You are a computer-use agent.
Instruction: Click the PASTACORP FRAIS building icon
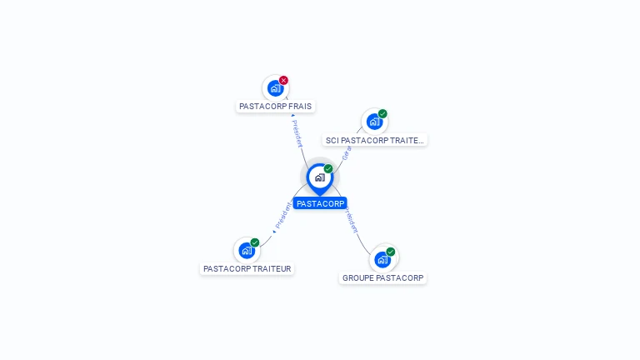[x=275, y=88]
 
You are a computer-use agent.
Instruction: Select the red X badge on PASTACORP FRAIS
[x=283, y=80]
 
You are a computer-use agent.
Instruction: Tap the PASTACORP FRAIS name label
[x=275, y=107]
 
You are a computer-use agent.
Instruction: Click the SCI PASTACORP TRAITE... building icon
[x=374, y=122]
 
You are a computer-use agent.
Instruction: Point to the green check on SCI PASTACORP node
[x=382, y=113]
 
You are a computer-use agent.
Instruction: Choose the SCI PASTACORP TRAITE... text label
[x=375, y=140]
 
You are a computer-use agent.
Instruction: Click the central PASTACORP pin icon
[x=319, y=177]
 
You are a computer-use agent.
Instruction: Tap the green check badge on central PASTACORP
[x=328, y=168]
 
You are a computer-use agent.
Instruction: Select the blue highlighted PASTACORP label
[x=320, y=203]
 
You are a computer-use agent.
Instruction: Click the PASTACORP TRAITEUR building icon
[x=246, y=250]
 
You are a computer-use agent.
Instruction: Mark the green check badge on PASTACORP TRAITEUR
[x=255, y=242]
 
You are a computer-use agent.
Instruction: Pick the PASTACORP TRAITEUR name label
[x=247, y=269]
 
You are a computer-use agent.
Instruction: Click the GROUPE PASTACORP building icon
[x=382, y=259]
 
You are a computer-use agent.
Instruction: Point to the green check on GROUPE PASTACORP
[x=391, y=251]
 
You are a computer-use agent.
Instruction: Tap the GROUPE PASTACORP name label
[x=382, y=277]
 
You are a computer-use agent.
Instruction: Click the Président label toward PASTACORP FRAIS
[x=297, y=133]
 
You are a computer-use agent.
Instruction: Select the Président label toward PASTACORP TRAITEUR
[x=283, y=215]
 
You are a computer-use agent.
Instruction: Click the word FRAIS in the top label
[x=299, y=107]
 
